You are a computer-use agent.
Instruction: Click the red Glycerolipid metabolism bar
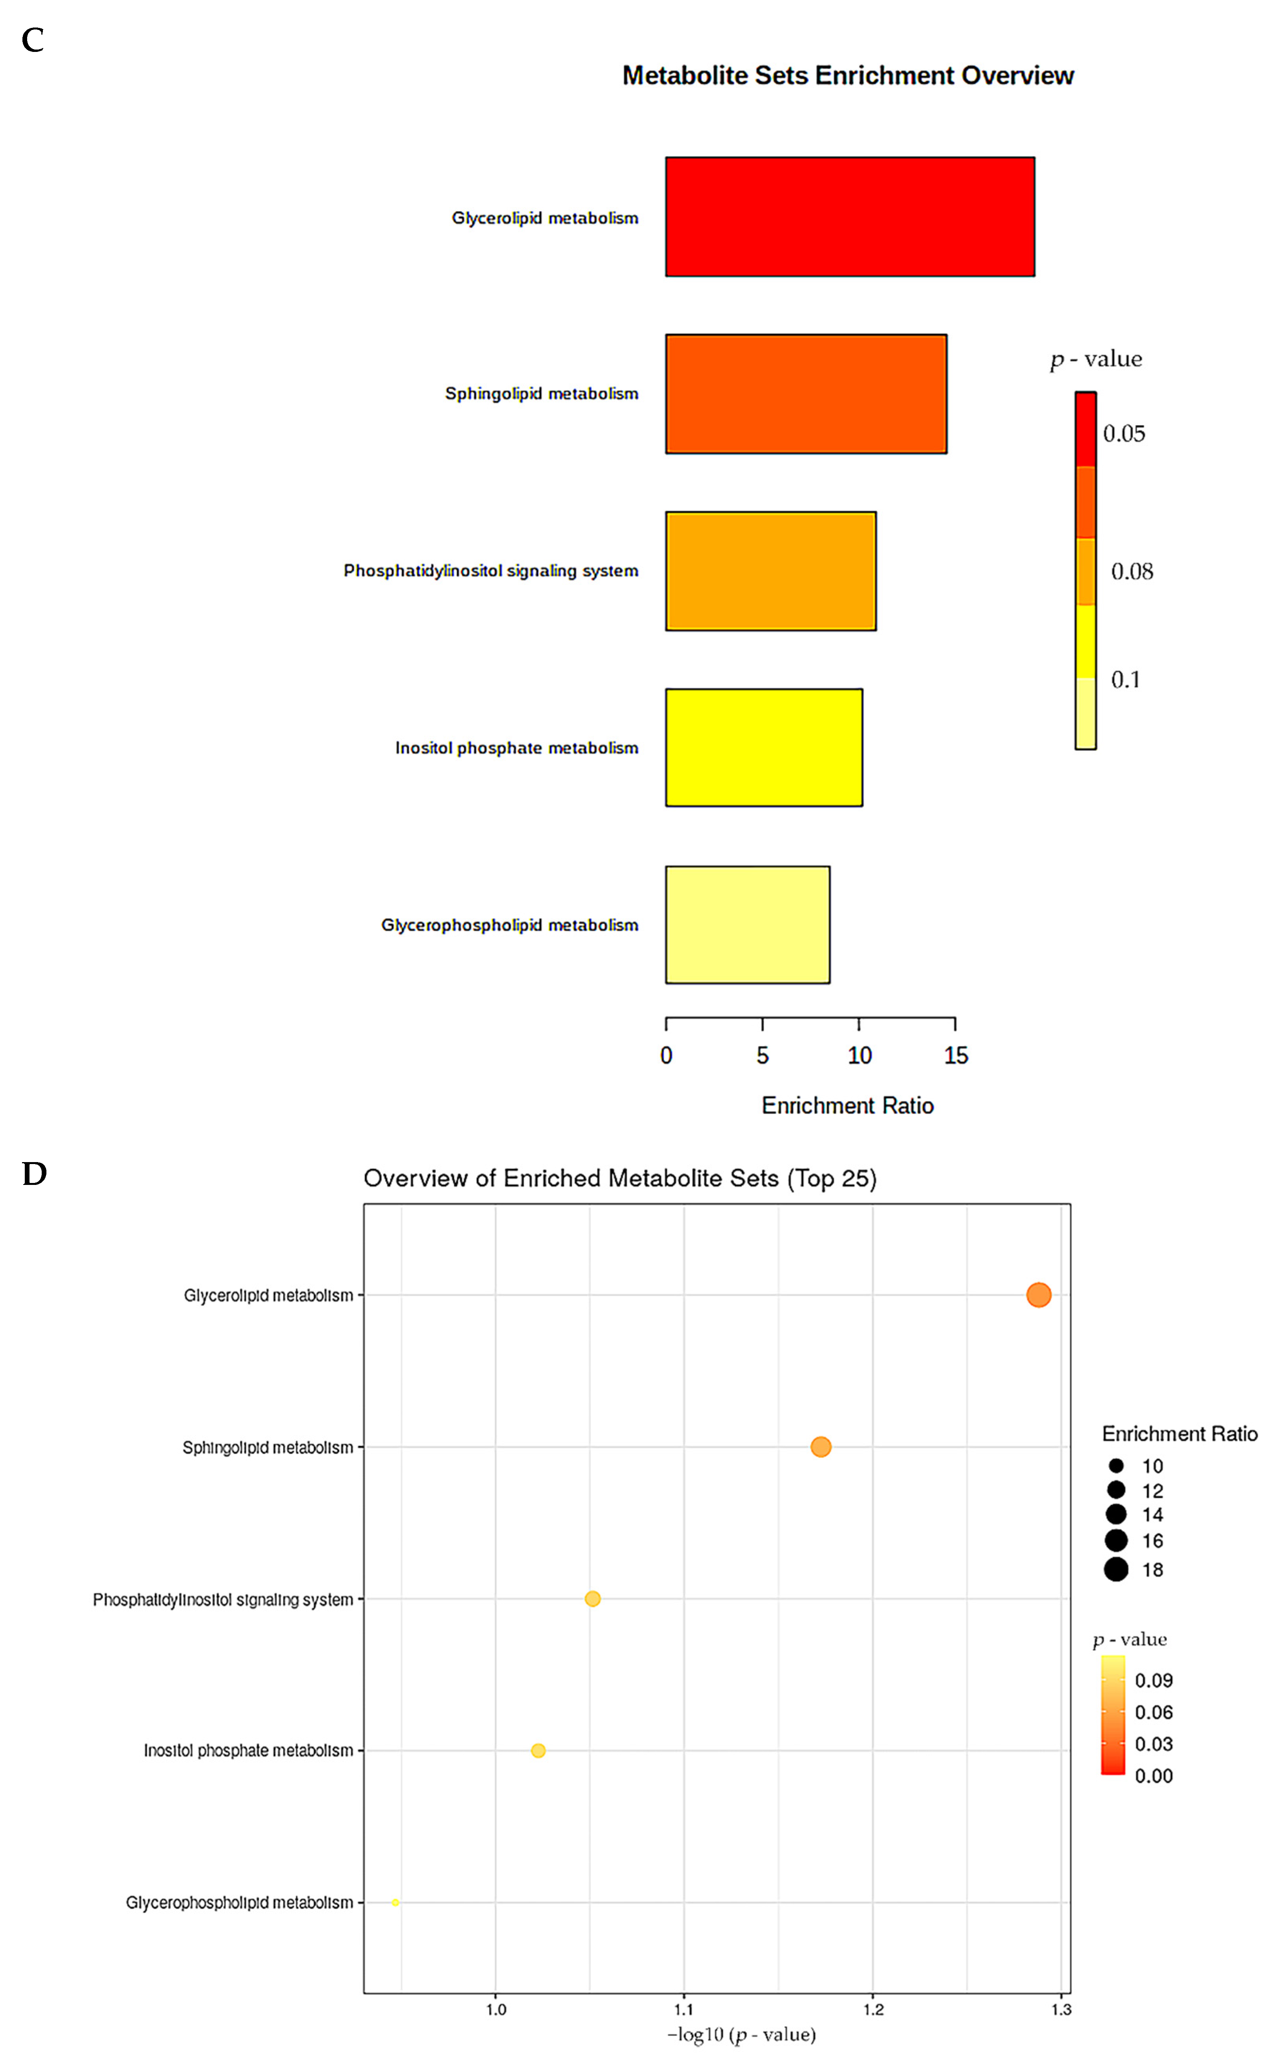(849, 216)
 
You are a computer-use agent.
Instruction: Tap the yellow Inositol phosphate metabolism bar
(764, 748)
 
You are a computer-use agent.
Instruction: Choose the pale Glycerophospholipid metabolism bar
(747, 925)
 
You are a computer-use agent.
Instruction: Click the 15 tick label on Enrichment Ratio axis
(955, 1055)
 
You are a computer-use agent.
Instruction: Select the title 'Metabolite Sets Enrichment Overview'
(848, 76)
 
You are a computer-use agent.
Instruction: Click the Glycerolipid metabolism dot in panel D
(1038, 1295)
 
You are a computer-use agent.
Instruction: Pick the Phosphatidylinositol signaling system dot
(592, 1599)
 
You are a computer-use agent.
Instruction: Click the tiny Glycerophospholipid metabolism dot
(395, 1903)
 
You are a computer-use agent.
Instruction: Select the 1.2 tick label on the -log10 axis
(873, 2009)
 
